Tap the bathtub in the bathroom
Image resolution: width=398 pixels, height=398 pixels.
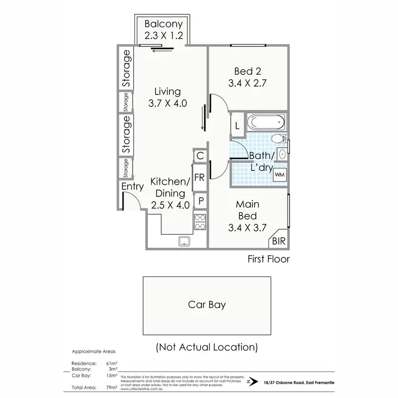(x=267, y=123)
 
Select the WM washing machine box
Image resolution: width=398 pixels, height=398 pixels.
(x=280, y=174)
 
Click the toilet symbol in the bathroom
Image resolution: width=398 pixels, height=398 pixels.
(x=278, y=139)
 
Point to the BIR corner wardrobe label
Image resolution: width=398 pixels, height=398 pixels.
(x=278, y=241)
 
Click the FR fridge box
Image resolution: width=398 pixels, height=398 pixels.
(x=200, y=178)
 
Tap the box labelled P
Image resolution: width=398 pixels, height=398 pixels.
(x=201, y=201)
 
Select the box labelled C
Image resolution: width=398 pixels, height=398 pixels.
(x=200, y=156)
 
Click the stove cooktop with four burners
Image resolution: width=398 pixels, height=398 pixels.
(x=200, y=221)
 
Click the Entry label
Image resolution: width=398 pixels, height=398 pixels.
(x=133, y=187)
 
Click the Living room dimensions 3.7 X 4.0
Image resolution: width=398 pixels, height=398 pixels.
(x=168, y=103)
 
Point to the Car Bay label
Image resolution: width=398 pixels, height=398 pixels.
(x=206, y=305)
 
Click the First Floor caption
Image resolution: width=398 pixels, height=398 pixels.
(x=269, y=259)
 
